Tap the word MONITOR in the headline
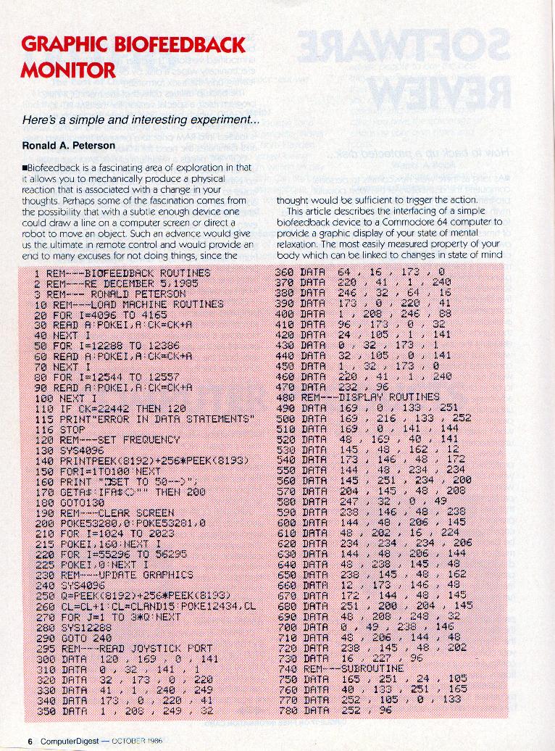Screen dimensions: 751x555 69,70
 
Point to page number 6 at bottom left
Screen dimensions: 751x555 30,742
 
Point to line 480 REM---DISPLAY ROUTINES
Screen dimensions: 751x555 358,397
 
